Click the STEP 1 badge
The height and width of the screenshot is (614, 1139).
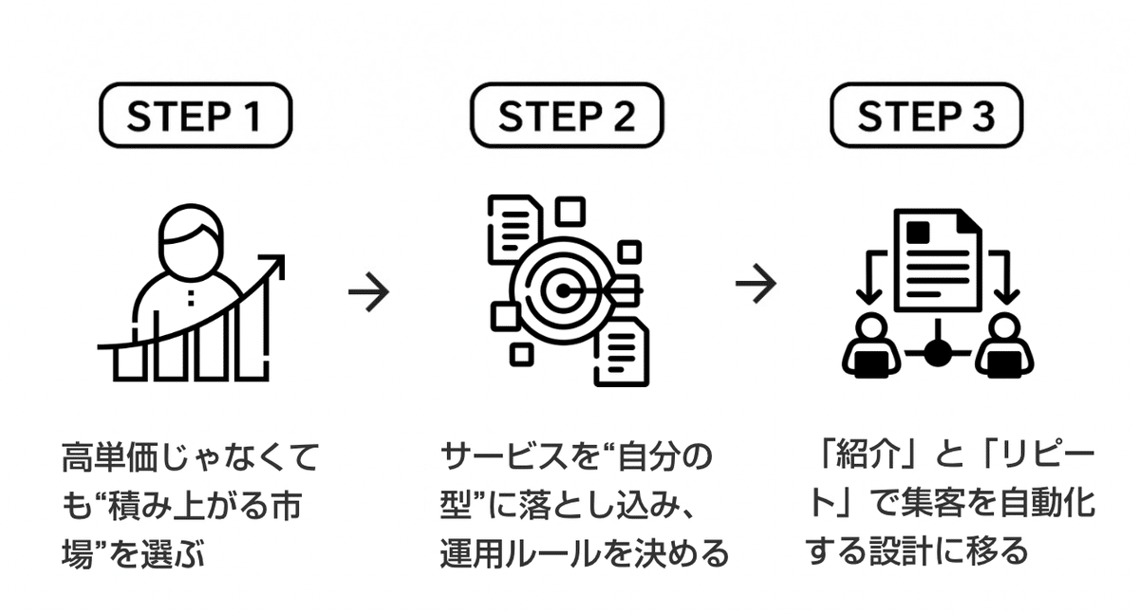pyautogui.click(x=195, y=118)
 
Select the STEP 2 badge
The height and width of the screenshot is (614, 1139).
pyautogui.click(x=567, y=118)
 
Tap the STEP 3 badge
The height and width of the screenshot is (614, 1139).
pyautogui.click(x=926, y=118)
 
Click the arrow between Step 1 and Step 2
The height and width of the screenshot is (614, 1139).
pyautogui.click(x=368, y=291)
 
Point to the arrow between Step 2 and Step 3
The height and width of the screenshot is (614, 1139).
pyautogui.click(x=756, y=284)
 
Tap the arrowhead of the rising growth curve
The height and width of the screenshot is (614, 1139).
pyautogui.click(x=275, y=263)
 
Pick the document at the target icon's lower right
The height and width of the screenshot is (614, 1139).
pyautogui.click(x=622, y=351)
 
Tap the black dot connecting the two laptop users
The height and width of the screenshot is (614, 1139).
pyautogui.click(x=937, y=353)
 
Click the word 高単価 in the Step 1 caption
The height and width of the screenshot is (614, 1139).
pyautogui.click(x=110, y=458)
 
